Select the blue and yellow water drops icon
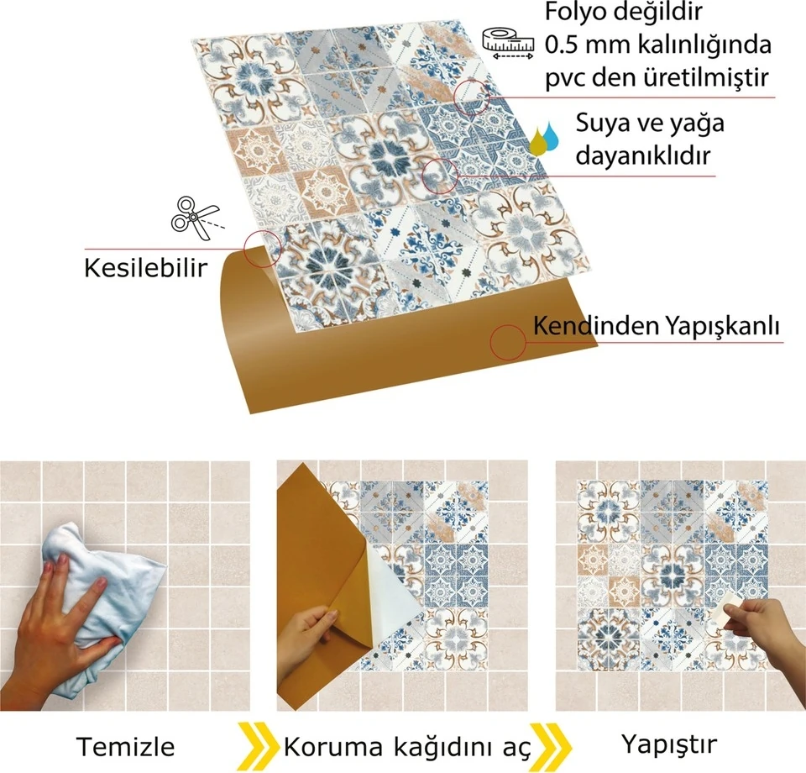[546, 137]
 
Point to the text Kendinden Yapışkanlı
[657, 325]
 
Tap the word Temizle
[126, 746]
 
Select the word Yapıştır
[670, 744]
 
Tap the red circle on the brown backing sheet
[508, 341]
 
